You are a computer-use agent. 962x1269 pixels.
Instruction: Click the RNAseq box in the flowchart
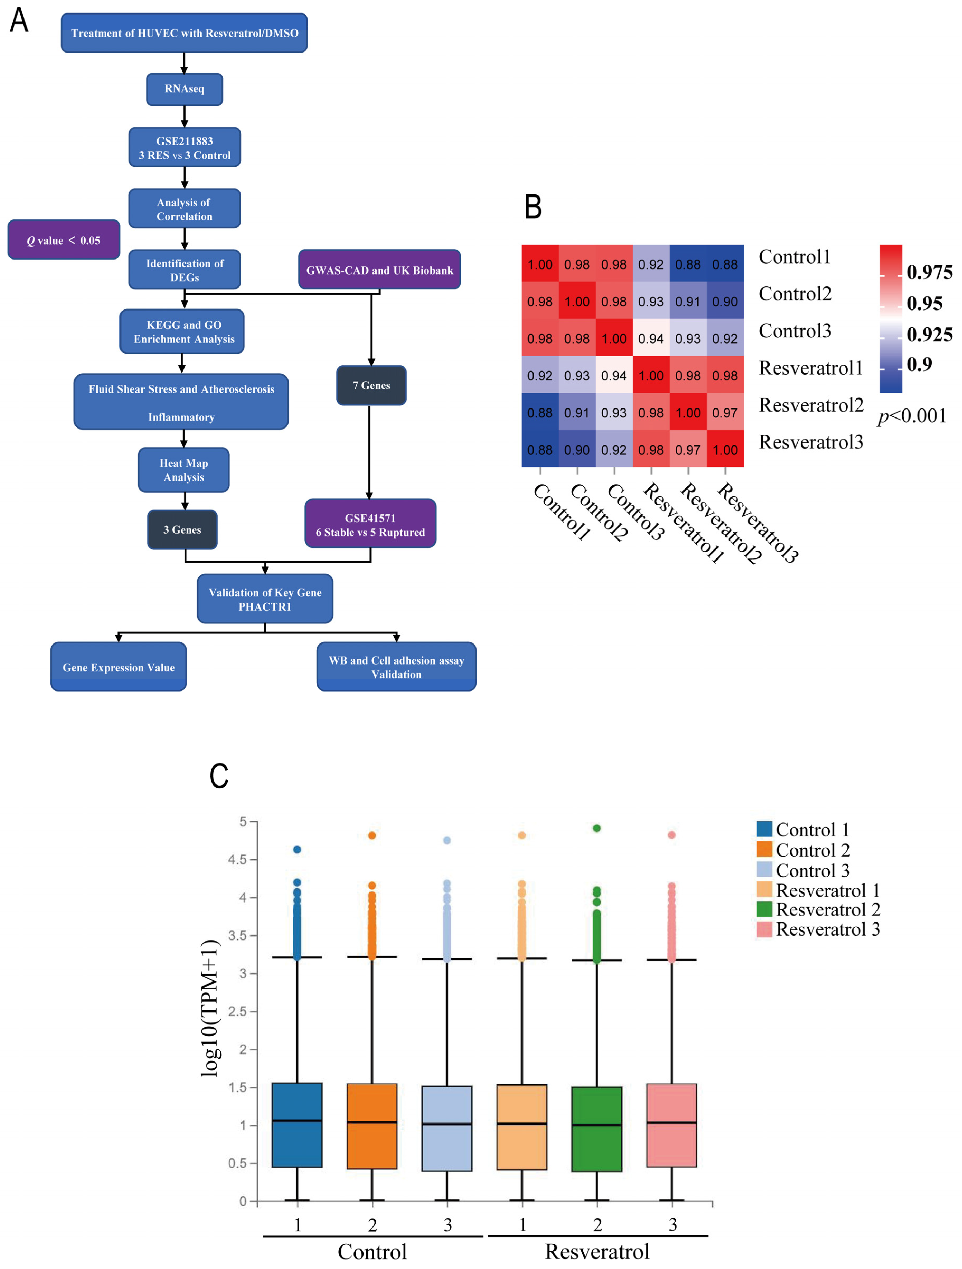coord(184,89)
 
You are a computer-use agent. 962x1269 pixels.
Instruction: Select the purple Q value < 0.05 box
coord(64,240)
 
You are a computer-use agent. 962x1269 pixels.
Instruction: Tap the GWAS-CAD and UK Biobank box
coord(379,270)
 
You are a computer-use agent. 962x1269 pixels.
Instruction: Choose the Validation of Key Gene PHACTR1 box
coord(265,599)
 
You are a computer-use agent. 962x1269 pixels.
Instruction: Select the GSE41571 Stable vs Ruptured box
coord(370,524)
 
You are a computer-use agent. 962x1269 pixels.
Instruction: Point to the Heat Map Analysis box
coord(183,470)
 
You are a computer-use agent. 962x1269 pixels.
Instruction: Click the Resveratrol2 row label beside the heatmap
coord(810,405)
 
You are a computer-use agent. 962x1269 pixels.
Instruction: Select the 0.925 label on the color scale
coord(929,334)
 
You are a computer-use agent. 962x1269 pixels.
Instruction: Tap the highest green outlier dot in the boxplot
coord(597,828)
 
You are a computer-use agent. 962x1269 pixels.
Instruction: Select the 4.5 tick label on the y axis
coord(238,859)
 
